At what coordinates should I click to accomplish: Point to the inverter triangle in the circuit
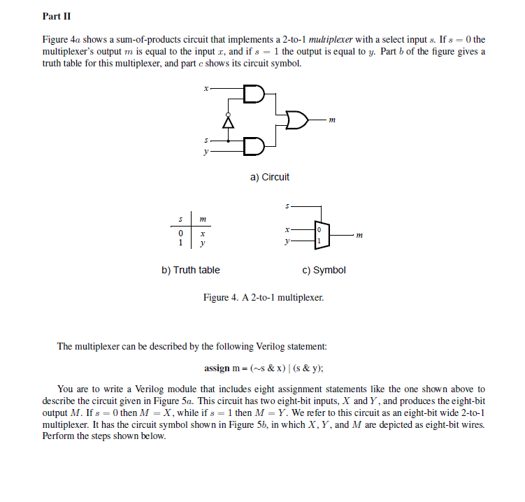(x=226, y=122)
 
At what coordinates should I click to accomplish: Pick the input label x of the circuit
(x=205, y=89)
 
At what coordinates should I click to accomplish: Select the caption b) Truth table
(x=190, y=270)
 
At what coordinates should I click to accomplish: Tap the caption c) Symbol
(x=324, y=270)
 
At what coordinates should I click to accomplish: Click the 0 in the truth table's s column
(x=180, y=234)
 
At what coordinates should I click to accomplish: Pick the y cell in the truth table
(x=202, y=244)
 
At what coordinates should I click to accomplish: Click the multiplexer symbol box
(x=321, y=235)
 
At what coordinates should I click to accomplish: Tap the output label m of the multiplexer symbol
(x=359, y=236)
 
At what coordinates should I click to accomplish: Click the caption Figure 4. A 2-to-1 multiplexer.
(x=264, y=298)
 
